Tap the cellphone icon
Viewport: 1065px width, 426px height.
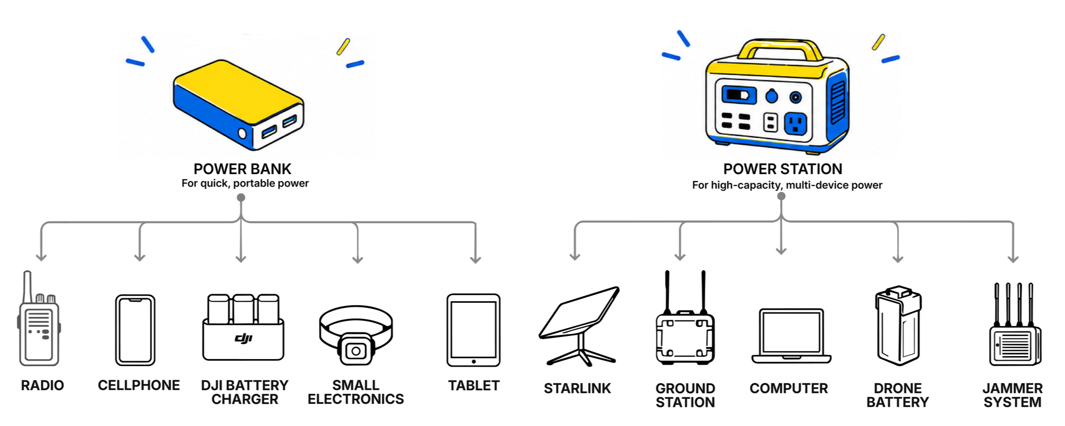point(135,330)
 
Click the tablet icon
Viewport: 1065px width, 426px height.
point(473,330)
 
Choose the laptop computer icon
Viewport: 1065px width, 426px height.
point(791,336)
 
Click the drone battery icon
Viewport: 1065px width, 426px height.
point(898,325)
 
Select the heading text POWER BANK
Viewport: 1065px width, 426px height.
point(242,169)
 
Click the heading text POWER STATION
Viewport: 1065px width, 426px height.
point(783,169)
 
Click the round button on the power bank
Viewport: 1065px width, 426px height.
point(242,133)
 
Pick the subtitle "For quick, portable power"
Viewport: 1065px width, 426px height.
point(245,183)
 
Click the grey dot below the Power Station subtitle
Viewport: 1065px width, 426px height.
point(781,196)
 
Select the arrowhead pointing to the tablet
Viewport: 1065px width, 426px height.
point(475,260)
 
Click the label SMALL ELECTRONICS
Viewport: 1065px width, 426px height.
point(356,392)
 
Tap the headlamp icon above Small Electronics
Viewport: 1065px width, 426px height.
point(356,335)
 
